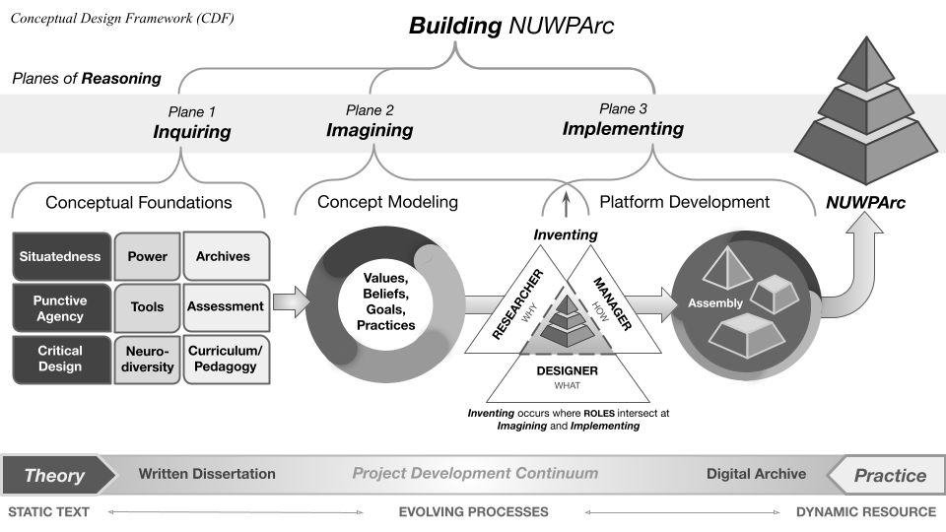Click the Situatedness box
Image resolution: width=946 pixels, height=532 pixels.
(59, 257)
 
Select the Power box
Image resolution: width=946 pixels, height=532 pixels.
(147, 257)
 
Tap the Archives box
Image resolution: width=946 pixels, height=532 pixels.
(226, 257)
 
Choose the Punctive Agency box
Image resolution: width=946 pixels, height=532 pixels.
(59, 308)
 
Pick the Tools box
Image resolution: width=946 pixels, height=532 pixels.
(147, 307)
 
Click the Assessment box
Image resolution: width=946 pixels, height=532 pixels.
(226, 307)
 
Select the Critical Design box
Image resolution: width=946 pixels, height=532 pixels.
(59, 359)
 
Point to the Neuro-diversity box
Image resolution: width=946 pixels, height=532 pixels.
(147, 360)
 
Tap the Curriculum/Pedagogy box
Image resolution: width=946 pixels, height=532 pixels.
(226, 359)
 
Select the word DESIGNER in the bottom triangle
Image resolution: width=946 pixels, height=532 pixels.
(567, 371)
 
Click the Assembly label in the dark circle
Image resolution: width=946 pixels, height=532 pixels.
(715, 303)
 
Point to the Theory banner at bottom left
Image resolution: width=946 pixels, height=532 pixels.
(54, 476)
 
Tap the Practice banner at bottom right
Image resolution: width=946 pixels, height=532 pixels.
(888, 476)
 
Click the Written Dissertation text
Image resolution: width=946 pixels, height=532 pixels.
(207, 474)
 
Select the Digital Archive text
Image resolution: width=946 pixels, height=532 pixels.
(756, 474)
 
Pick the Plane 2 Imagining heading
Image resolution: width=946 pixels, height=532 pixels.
(370, 121)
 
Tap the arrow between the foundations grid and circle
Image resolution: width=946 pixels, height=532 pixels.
(290, 302)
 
